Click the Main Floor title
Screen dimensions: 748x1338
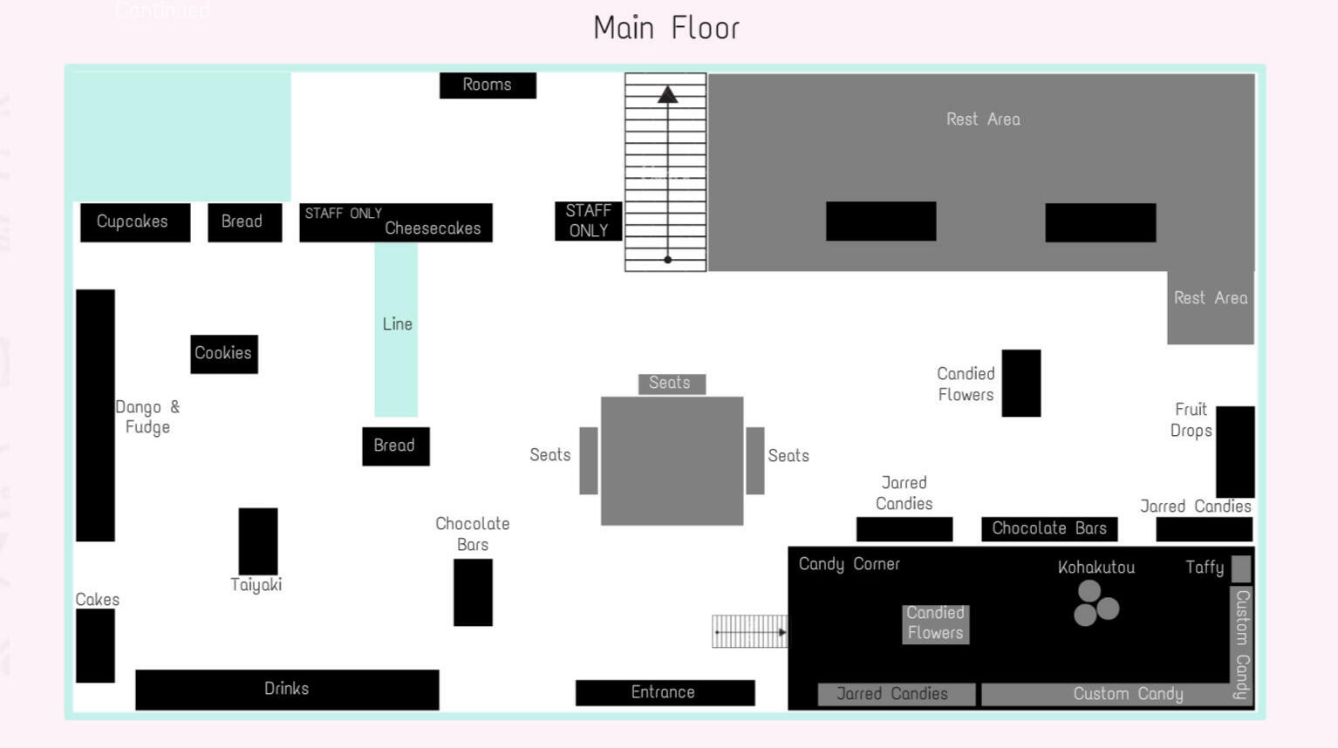coord(666,28)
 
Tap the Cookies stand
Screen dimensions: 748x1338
coord(224,354)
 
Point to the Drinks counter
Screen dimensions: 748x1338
coord(287,690)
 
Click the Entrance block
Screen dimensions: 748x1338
coord(665,693)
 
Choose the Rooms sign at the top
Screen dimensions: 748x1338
coord(488,85)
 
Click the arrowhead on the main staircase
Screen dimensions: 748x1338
coord(667,94)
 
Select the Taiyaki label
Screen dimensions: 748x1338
coord(256,585)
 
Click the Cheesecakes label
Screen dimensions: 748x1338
coord(433,229)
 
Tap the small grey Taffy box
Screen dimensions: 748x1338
coord(1240,568)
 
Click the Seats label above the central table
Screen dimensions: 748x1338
coord(671,384)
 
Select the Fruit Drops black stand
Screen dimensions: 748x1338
coord(1235,451)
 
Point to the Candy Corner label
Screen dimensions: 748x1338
coord(849,564)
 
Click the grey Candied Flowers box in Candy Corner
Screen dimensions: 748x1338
coord(935,623)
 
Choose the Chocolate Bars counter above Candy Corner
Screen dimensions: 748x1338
coord(1048,528)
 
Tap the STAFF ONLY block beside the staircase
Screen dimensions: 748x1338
coord(589,221)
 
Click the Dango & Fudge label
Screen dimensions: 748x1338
coord(147,417)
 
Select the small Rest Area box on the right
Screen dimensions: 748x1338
coord(1210,307)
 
